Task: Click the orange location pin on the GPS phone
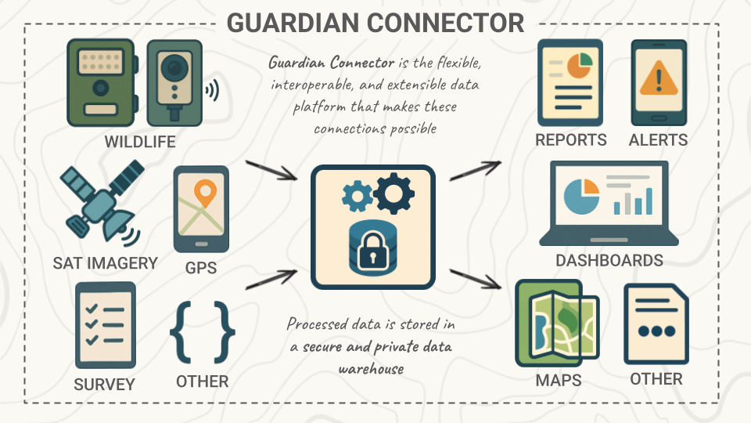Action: click(x=205, y=193)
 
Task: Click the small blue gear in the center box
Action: click(x=357, y=197)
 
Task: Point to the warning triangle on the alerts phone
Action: click(x=659, y=78)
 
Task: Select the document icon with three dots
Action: click(x=656, y=324)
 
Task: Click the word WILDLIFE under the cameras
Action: click(x=140, y=142)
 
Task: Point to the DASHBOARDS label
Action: click(x=609, y=261)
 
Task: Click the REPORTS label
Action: click(x=571, y=140)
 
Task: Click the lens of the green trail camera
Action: click(x=100, y=86)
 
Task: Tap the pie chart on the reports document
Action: click(x=580, y=66)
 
